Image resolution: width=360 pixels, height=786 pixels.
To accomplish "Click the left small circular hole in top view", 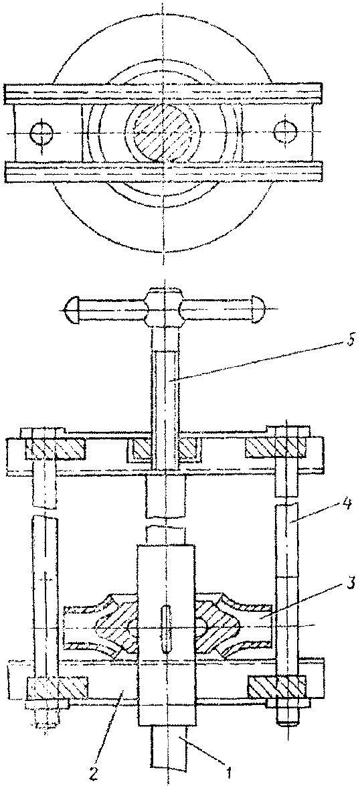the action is [x=41, y=133].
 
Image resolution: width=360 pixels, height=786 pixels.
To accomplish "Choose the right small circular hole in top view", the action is [x=286, y=131].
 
